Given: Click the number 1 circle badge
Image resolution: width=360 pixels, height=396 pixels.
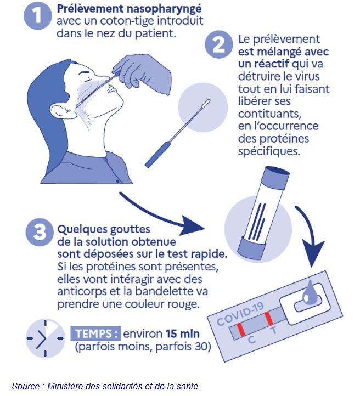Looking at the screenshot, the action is click(37, 16).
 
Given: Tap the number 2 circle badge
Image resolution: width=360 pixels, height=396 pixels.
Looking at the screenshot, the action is click(218, 44).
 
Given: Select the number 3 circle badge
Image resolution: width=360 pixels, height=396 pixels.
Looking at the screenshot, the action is click(40, 232).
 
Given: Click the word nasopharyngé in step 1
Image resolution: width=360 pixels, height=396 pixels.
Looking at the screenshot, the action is click(164, 9).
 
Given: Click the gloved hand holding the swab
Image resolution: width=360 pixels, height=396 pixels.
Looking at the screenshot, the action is click(143, 73).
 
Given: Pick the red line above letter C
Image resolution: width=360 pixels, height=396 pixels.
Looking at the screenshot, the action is click(241, 330).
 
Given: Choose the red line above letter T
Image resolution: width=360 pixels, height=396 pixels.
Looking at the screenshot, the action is click(268, 319).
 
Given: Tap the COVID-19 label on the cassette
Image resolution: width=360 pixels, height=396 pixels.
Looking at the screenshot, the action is click(240, 314).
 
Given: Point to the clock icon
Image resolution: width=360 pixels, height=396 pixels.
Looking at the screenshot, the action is click(46, 338).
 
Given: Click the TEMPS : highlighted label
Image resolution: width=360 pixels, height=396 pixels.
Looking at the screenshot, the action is click(95, 333).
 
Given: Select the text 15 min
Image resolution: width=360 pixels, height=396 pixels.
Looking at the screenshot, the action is click(183, 333).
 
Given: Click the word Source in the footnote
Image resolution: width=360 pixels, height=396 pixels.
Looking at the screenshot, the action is click(25, 386).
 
